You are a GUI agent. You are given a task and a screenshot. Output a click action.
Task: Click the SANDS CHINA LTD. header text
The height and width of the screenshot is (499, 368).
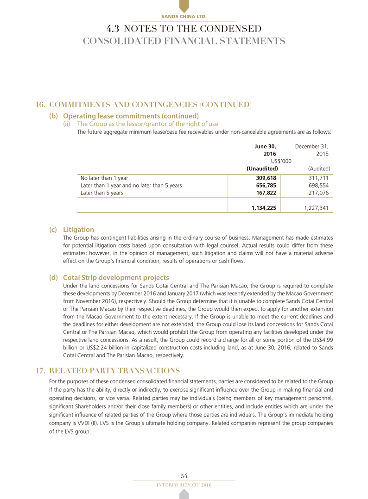(x=184, y=17)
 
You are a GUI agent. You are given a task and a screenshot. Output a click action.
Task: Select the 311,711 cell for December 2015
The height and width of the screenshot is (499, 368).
(x=318, y=177)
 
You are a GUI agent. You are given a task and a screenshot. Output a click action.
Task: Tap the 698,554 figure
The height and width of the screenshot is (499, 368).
(x=318, y=185)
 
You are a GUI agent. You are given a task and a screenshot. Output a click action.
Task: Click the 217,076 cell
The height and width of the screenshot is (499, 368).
(x=318, y=193)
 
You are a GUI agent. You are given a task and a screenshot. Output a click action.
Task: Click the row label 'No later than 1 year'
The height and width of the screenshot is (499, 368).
(x=104, y=177)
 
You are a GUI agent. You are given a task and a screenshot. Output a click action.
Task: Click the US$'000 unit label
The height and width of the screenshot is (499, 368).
(x=281, y=161)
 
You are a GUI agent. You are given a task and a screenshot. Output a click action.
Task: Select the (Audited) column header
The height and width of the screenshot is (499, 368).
(x=318, y=168)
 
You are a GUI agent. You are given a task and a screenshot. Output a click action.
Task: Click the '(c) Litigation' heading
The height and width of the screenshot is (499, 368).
(x=72, y=229)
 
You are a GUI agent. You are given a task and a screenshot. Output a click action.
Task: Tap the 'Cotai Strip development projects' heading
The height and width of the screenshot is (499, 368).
(x=112, y=278)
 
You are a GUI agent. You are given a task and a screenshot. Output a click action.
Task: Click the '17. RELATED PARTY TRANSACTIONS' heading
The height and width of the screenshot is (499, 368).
(x=108, y=371)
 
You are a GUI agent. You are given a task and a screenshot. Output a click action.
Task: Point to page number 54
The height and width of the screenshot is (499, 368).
(x=184, y=475)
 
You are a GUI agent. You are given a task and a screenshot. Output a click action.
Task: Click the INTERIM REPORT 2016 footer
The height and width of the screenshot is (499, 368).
(x=184, y=484)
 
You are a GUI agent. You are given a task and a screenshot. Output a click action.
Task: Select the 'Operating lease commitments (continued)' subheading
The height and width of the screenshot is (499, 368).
(x=124, y=116)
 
